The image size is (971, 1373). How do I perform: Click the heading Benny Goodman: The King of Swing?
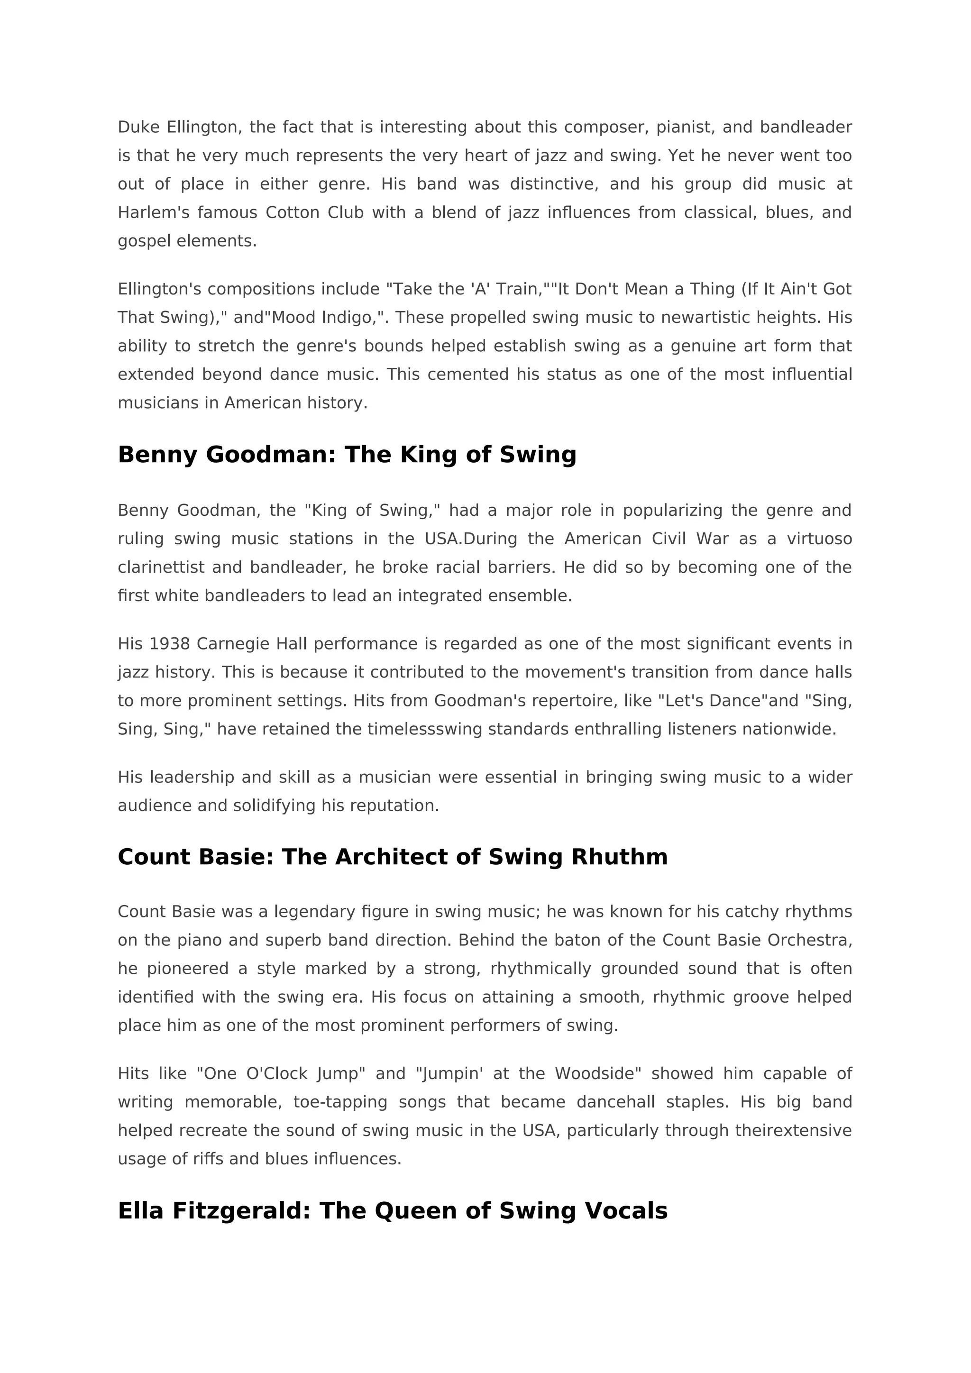coord(347,455)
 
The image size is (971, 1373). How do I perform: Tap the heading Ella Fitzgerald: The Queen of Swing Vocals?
coord(392,1211)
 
